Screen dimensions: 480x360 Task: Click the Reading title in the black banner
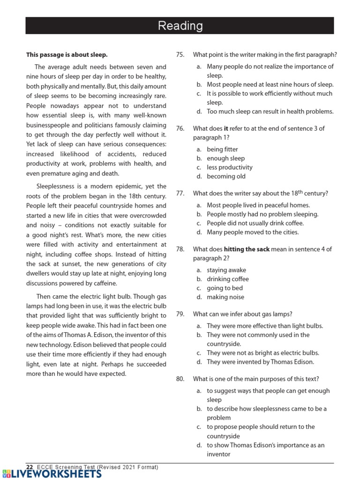(180, 26)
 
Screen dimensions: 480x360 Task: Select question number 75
(180, 55)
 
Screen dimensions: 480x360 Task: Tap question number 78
(180, 249)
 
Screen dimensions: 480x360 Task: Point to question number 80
(180, 379)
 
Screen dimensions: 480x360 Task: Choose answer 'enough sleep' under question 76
(225, 158)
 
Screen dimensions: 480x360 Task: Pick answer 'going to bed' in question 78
(225, 288)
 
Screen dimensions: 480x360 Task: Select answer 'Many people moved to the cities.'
(252, 232)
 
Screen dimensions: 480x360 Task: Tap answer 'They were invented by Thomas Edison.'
(260, 362)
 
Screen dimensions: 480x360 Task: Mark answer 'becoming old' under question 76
(226, 176)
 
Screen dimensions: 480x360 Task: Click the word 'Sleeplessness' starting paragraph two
(56, 186)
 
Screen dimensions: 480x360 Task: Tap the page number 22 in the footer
(30, 467)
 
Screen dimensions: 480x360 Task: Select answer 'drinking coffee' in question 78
(228, 279)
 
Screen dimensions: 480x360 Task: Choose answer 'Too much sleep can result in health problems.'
(270, 112)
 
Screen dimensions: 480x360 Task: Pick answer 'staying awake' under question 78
(226, 270)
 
